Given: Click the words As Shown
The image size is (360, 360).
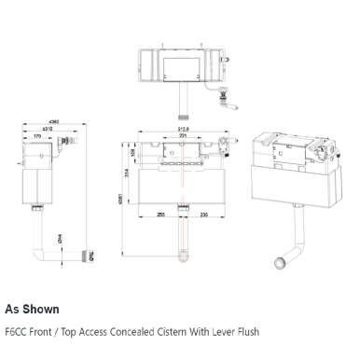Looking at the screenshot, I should point(32,308).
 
